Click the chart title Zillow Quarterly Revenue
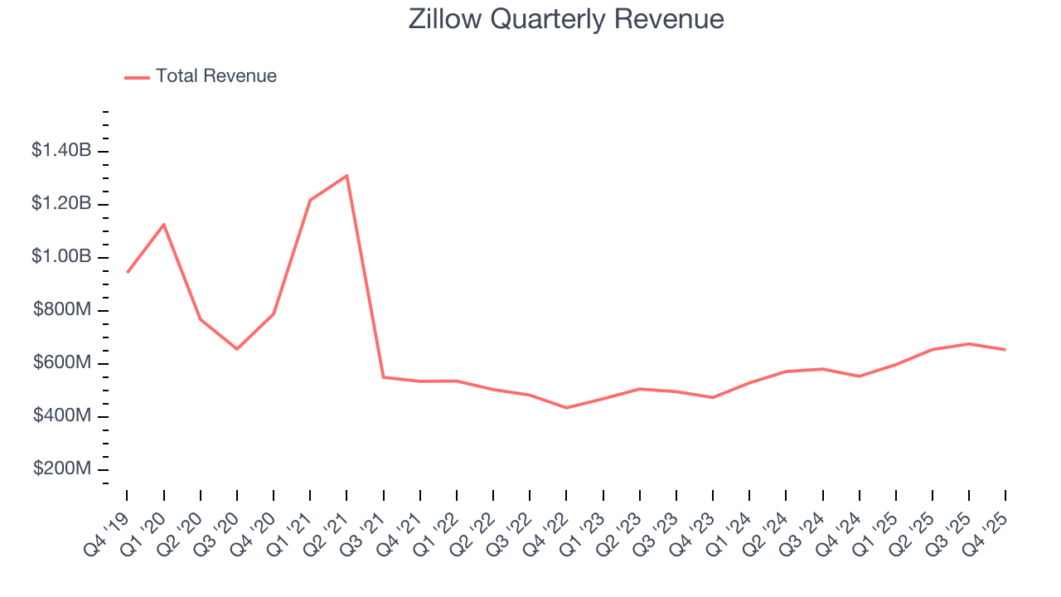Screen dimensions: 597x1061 coord(566,19)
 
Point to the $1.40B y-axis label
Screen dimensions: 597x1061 coord(61,151)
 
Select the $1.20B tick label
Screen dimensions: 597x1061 coord(61,204)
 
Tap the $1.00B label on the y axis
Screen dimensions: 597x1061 coord(61,257)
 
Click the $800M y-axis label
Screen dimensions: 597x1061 coord(62,310)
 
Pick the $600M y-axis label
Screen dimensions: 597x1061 coord(62,363)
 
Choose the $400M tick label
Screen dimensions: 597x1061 coord(62,416)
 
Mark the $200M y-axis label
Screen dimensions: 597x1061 coord(62,469)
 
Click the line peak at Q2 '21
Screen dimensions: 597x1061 coord(346,176)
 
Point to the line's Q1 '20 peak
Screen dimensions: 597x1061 coord(164,225)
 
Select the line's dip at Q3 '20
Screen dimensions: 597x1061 coord(237,348)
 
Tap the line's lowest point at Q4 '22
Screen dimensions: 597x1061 coord(566,408)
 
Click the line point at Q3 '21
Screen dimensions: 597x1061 coord(383,377)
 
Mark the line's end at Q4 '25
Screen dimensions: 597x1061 coord(1005,350)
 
